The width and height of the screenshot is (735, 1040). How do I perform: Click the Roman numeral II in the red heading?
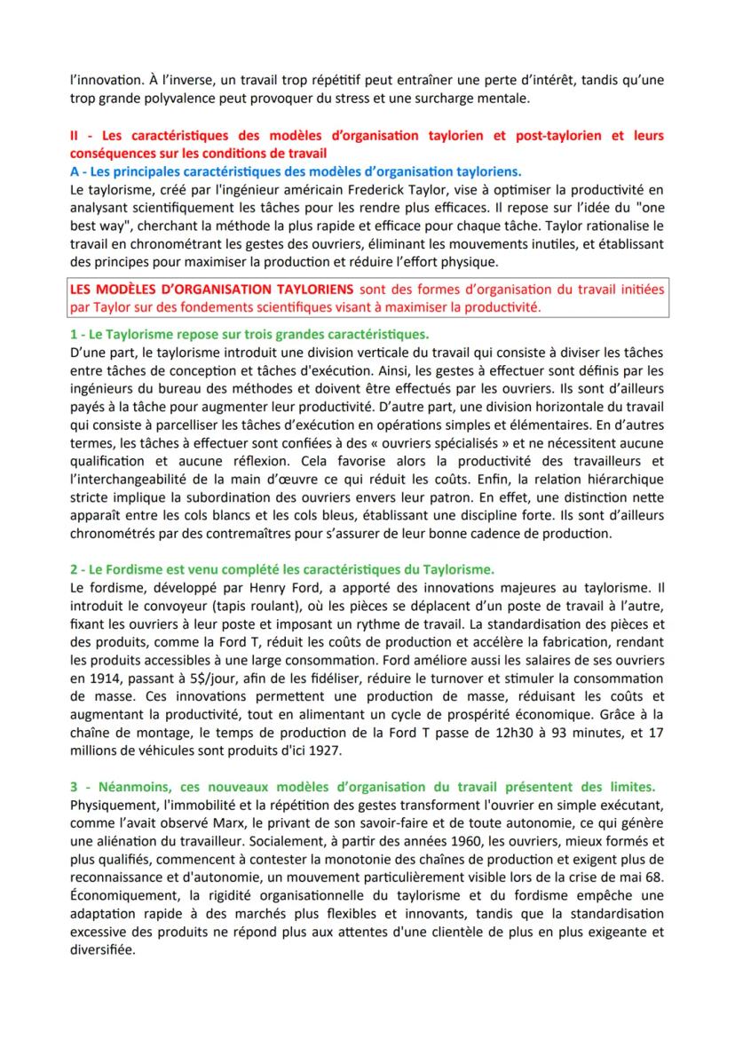(x=75, y=136)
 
